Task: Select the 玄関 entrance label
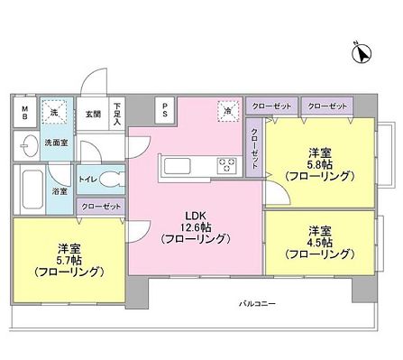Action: pyautogui.click(x=93, y=114)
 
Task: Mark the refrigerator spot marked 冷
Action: pyautogui.click(x=229, y=112)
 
